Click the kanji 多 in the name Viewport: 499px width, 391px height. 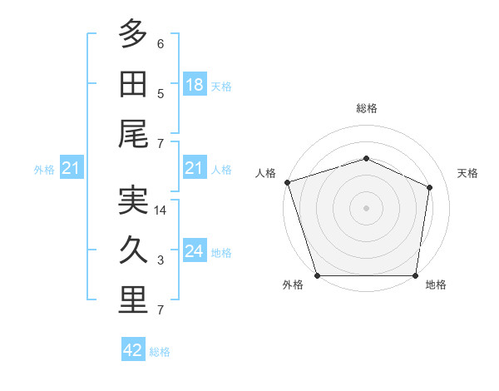tap(133, 33)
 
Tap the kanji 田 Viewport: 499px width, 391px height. tap(133, 84)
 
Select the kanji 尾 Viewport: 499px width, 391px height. tap(133, 134)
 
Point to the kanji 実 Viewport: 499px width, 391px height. tap(133, 200)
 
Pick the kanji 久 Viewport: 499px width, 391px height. tap(133, 250)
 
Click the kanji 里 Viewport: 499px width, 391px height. tap(133, 299)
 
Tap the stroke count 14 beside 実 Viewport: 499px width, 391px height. tap(160, 210)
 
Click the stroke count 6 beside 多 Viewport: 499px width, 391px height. tap(161, 44)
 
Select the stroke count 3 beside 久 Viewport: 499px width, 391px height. tap(161, 260)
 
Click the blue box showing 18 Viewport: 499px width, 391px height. tap(195, 84)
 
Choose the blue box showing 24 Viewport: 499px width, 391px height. tap(195, 250)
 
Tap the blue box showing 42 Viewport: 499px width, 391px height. tap(133, 349)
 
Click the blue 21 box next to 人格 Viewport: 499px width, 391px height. tap(195, 167)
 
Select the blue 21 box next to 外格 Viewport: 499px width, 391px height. tap(72, 167)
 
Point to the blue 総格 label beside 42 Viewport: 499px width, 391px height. tap(160, 352)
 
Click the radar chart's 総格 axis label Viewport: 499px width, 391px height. tap(367, 108)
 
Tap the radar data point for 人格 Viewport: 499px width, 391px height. tap(288, 182)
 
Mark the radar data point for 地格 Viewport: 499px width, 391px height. tap(415, 275)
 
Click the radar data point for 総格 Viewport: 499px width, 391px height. tap(366, 158)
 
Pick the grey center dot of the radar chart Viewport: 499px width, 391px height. tap(366, 208)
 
